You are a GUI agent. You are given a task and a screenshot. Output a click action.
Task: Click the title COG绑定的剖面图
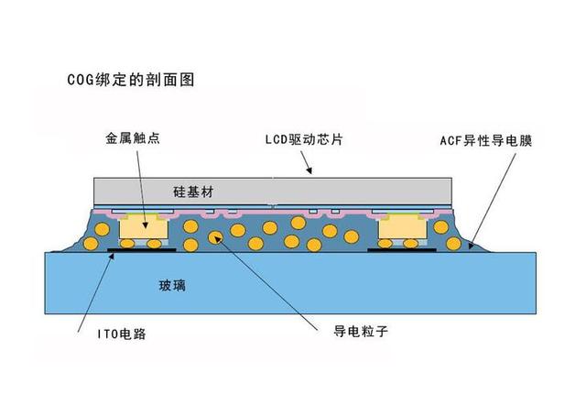pos(131,80)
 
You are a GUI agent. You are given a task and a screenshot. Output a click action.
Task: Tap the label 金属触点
pos(133,138)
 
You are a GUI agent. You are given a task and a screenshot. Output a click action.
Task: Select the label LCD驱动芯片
pos(304,139)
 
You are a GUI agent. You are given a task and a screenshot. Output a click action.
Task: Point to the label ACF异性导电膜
pos(486,141)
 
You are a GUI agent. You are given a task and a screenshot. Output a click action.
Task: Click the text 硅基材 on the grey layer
pos(193,192)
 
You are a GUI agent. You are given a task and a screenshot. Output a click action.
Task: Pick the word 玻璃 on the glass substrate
pos(172,286)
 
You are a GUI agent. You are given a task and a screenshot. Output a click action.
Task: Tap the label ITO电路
pos(122,334)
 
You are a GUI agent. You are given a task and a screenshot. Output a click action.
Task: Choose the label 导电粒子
pos(360,331)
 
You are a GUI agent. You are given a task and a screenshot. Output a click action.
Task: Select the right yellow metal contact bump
pos(403,225)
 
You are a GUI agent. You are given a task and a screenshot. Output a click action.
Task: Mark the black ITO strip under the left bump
pos(141,249)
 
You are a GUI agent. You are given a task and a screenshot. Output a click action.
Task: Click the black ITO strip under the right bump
pos(402,250)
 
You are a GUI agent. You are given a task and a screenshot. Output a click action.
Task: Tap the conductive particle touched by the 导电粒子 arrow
pos(215,237)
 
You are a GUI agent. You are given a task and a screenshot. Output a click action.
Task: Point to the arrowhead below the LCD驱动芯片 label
pos(309,170)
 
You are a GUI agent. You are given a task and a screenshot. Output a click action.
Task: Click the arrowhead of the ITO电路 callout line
pos(112,256)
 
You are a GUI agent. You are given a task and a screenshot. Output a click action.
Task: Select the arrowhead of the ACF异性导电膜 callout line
pos(472,246)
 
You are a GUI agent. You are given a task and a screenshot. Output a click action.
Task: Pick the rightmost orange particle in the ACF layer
pos(454,244)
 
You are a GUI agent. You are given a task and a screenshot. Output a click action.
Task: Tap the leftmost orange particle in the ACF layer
pos(91,244)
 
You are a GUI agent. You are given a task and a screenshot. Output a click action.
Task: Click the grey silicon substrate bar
pos(273,191)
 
